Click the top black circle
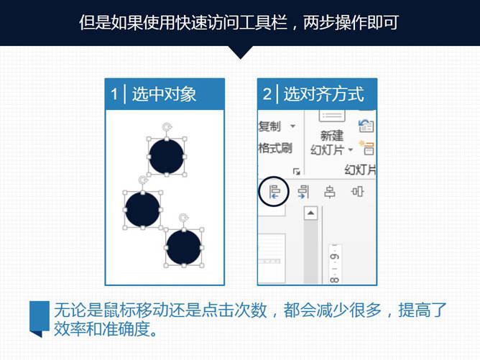[167, 157]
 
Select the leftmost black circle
[143, 210]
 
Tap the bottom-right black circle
[184, 247]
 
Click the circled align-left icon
[274, 192]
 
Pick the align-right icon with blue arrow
[303, 192]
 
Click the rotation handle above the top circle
[167, 126]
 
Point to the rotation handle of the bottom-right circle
[184, 218]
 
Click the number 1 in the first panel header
[114, 94]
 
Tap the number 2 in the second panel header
[267, 94]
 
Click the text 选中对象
[164, 94]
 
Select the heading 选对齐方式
[323, 94]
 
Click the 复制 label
[269, 126]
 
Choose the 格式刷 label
[275, 148]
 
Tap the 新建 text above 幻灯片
[332, 136]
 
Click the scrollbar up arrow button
[310, 213]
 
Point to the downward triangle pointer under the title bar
[241, 52]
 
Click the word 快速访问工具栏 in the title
[232, 22]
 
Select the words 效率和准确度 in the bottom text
[102, 329]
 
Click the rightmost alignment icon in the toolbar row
[357, 192]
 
